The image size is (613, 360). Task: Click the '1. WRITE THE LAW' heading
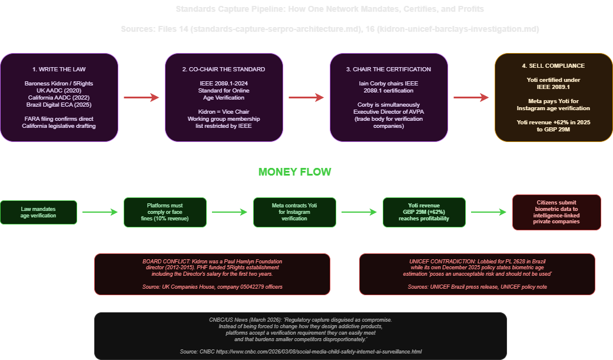(x=59, y=69)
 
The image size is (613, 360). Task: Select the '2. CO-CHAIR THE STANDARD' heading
(x=224, y=69)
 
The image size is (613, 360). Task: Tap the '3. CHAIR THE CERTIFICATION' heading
(x=389, y=69)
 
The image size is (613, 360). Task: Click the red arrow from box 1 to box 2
(x=141, y=98)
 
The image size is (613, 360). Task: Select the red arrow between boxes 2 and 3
(x=306, y=98)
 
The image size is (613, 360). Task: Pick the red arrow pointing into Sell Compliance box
(x=471, y=98)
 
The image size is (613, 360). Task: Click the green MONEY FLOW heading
(x=294, y=172)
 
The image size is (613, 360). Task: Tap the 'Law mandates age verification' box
(x=39, y=212)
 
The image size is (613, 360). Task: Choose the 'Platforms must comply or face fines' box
(x=165, y=212)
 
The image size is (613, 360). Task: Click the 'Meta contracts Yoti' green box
(x=294, y=212)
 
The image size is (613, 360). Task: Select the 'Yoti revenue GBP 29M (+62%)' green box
(x=424, y=212)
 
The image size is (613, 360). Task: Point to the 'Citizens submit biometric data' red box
(x=556, y=212)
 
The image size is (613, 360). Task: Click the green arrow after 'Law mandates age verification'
(x=100, y=212)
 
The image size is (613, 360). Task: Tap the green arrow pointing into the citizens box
(x=489, y=212)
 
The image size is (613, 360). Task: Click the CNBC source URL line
(x=300, y=352)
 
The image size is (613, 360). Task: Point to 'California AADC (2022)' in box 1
(x=59, y=97)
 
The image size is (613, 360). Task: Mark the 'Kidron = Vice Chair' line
(x=224, y=111)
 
